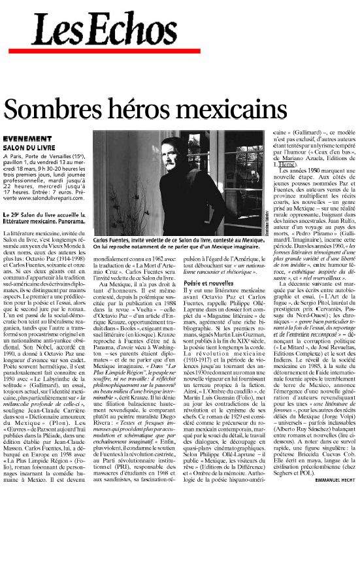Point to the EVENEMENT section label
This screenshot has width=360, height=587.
pyautogui.click(x=24, y=139)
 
